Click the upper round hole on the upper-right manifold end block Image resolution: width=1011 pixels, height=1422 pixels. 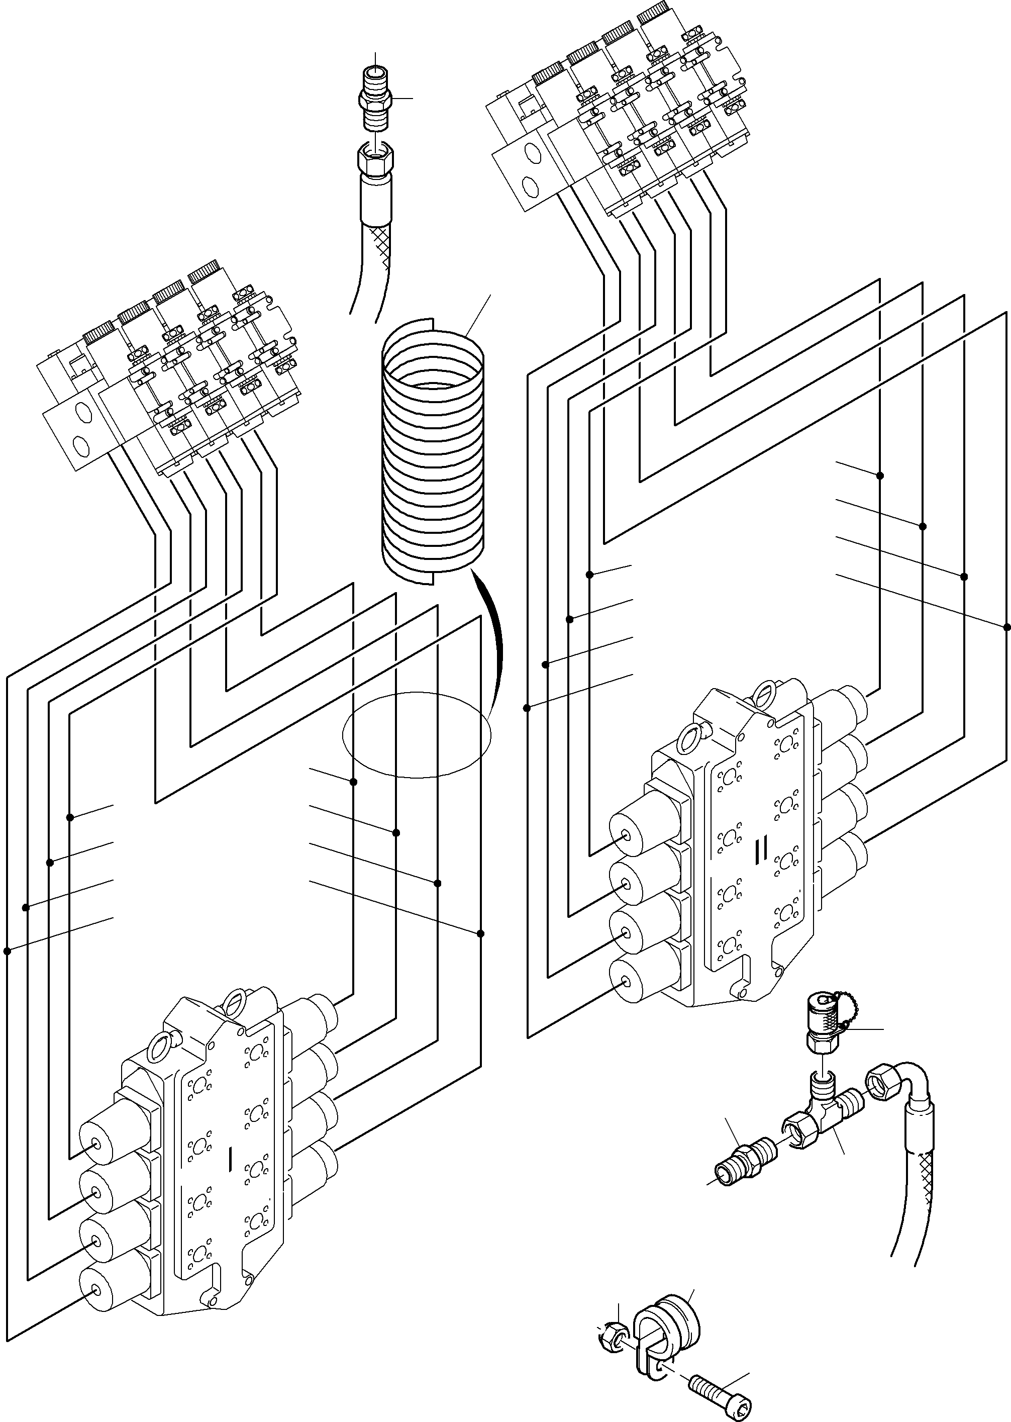(x=533, y=152)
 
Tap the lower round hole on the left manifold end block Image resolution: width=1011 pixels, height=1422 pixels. (x=81, y=444)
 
